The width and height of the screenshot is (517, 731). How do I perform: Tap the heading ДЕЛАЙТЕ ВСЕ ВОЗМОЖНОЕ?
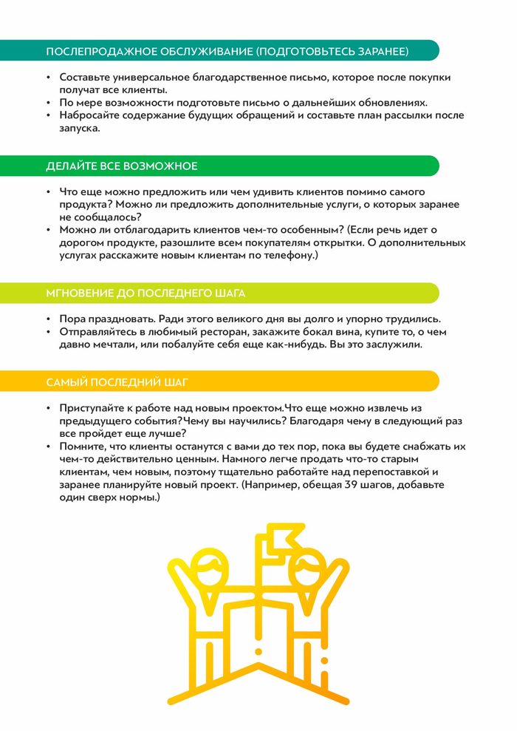click(x=122, y=166)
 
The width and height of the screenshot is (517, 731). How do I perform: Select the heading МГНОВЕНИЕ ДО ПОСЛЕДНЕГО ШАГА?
click(x=145, y=293)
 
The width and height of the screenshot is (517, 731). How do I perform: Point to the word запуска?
click(x=77, y=128)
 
